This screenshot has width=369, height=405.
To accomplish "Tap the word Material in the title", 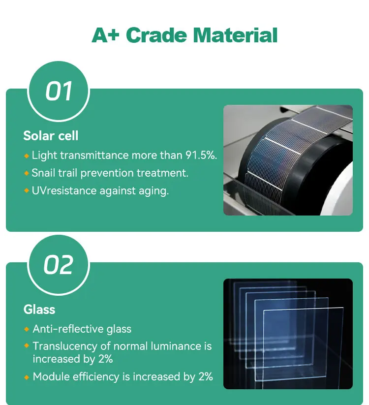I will pyautogui.click(x=235, y=35).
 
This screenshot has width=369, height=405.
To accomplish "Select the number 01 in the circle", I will pyautogui.click(x=59, y=92).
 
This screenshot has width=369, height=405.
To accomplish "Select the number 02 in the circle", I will pyautogui.click(x=59, y=265).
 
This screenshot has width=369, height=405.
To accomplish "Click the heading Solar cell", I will pyautogui.click(x=51, y=135).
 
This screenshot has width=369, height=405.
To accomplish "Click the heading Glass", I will pyautogui.click(x=39, y=310).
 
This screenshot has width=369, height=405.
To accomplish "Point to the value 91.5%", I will pyautogui.click(x=201, y=156).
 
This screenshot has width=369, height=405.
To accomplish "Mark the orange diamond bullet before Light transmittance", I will pyautogui.click(x=27, y=156).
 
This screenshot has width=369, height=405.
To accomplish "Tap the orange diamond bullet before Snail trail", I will pyautogui.click(x=27, y=173).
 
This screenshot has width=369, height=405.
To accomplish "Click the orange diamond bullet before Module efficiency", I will pyautogui.click(x=27, y=377).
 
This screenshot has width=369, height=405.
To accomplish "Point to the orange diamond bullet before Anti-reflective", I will pyautogui.click(x=27, y=329).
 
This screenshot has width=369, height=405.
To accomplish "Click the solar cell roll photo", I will pyautogui.click(x=288, y=160).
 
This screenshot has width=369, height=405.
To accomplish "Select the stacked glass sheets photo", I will pyautogui.click(x=288, y=334).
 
